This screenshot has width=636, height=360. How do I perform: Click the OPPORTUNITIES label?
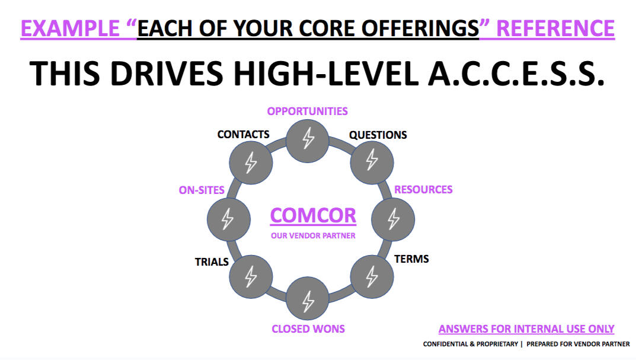307,111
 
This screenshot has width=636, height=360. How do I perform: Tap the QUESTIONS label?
378,135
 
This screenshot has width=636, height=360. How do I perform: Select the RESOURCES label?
423,190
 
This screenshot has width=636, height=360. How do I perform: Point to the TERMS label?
411,259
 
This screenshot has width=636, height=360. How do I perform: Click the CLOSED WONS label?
308,329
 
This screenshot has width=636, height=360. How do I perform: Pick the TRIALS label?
212,262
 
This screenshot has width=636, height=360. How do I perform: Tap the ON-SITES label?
202,190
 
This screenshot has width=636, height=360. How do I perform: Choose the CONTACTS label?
243,135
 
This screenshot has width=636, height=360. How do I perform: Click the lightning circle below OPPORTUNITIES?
308,139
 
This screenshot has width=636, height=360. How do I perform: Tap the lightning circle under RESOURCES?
393,218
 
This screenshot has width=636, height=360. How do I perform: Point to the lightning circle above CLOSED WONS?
308,300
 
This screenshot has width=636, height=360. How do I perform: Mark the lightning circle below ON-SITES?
227,218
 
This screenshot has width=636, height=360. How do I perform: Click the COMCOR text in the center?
313,215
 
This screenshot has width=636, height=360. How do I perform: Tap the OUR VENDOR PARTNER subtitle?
313,236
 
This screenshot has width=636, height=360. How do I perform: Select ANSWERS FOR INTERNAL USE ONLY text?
526,329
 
